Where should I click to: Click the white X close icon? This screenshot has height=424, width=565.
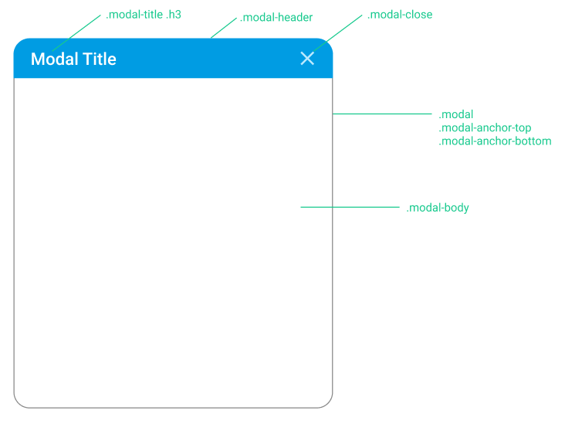click(x=307, y=59)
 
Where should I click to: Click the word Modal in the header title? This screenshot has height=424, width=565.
click(x=54, y=59)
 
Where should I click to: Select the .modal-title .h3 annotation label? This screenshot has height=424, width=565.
click(x=144, y=15)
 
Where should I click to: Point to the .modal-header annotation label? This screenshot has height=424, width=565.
click(x=276, y=17)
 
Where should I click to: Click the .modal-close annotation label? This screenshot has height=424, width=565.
click(x=400, y=15)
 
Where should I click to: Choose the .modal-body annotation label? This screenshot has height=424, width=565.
click(x=438, y=208)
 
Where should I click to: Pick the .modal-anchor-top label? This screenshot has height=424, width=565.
click(x=485, y=127)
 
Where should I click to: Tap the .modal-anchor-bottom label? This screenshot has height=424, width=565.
click(x=495, y=141)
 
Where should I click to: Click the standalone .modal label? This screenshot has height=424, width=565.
click(x=456, y=114)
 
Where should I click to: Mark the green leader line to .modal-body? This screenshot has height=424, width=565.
click(x=350, y=207)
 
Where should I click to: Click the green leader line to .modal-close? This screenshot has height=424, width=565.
click(x=337, y=33)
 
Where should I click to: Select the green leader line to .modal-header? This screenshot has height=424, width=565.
click(x=223, y=28)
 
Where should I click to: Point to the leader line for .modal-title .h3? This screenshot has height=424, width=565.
click(x=76, y=33)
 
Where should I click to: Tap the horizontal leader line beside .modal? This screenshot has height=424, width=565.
click(x=382, y=114)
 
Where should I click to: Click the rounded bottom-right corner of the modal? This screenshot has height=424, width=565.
click(x=328, y=403)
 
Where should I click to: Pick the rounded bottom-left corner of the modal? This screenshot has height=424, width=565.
click(x=19, y=403)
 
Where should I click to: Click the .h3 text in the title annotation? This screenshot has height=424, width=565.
click(x=174, y=15)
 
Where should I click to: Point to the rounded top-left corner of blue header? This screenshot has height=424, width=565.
click(x=19, y=43)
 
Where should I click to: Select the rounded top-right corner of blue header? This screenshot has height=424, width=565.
click(x=327, y=43)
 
